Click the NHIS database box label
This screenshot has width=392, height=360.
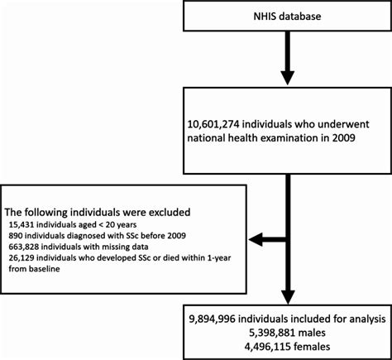[x=286, y=17]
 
